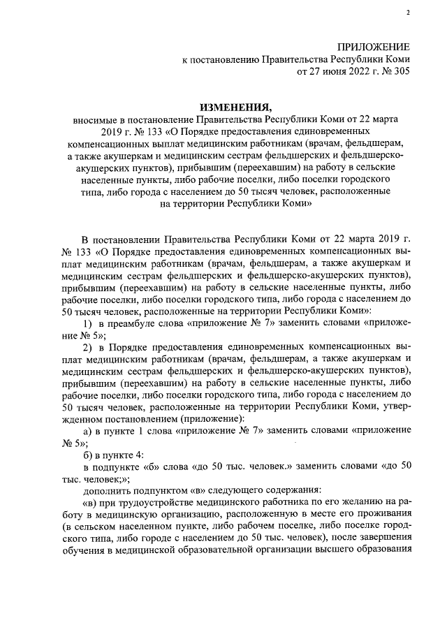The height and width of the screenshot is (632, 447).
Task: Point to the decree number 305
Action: tap(401, 71)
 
